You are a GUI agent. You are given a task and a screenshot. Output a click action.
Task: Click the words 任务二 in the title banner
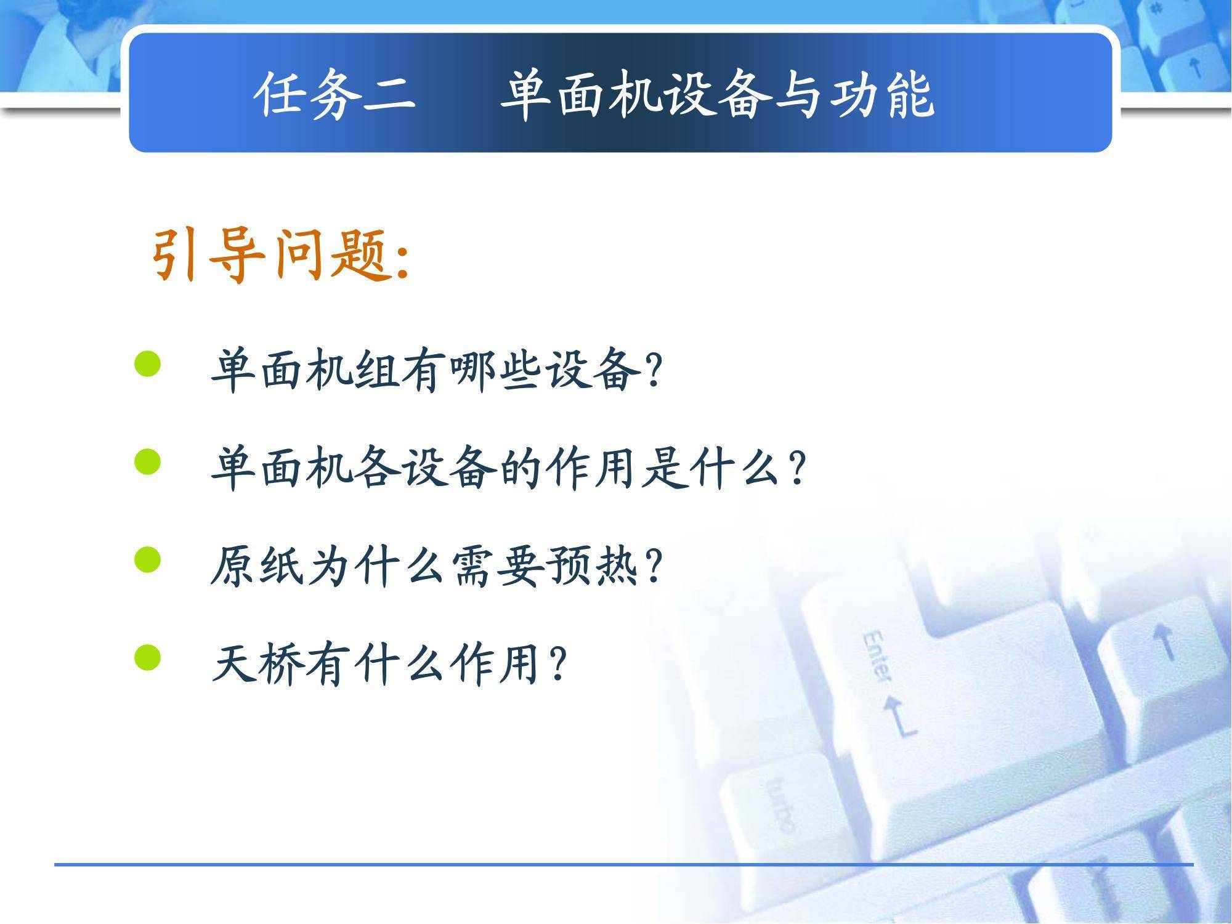335,94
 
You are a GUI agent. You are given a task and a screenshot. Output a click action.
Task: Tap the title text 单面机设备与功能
717,94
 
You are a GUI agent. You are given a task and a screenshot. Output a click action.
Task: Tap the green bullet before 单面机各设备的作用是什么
147,462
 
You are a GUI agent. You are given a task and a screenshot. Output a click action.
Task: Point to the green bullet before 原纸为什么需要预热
147,560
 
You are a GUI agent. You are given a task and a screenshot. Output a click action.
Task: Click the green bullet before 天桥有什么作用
147,657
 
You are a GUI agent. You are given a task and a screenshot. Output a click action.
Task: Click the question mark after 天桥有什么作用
557,664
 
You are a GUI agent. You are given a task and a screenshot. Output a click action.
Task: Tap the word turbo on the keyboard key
780,804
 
